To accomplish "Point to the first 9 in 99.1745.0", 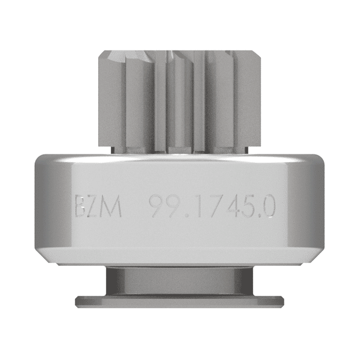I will (156, 207).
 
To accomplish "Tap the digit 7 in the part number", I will (212, 207).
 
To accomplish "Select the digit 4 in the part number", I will (231, 207).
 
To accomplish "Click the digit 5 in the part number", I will (249, 207).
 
